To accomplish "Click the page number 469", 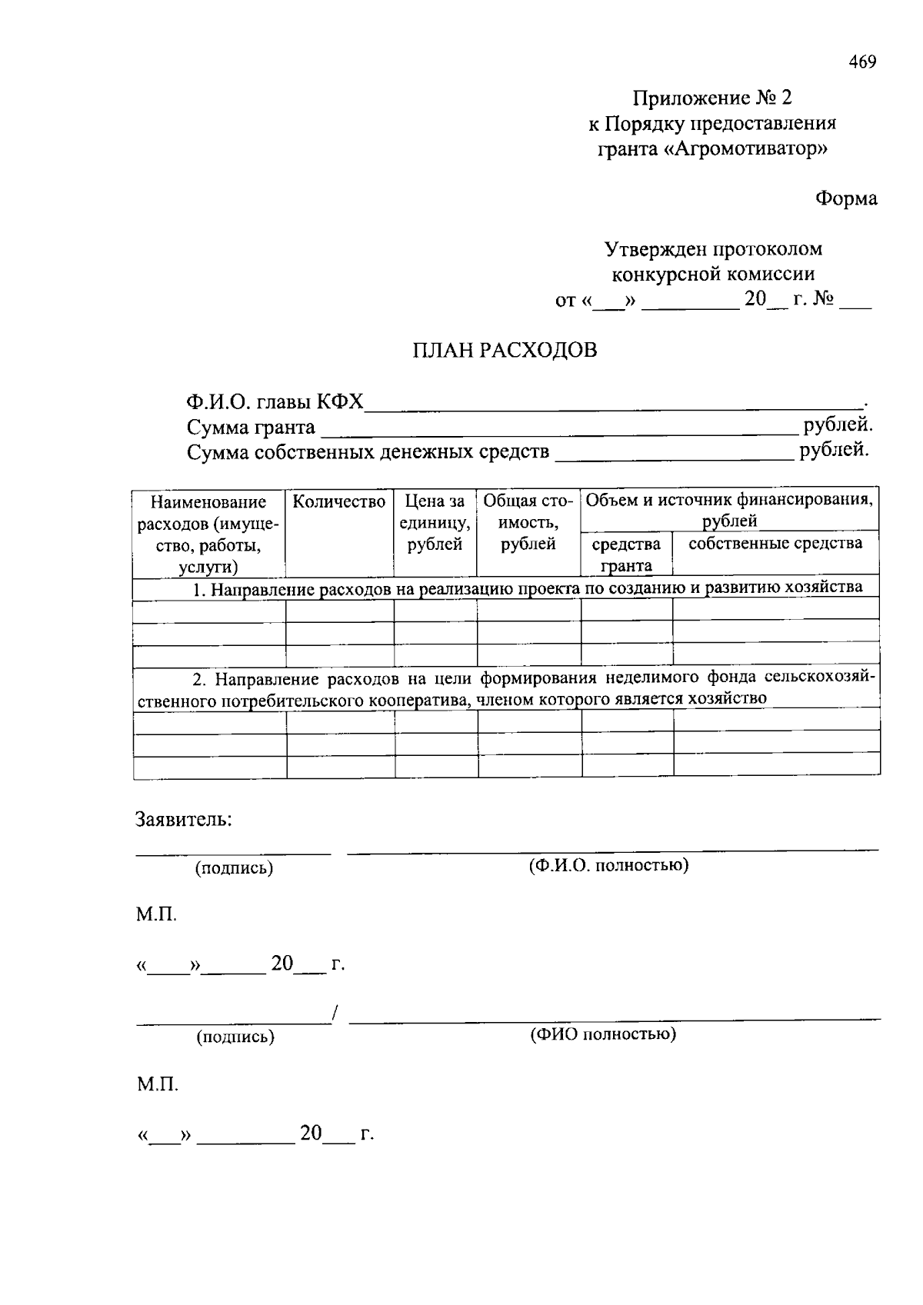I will [x=862, y=62].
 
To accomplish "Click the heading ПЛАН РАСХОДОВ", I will [x=505, y=351].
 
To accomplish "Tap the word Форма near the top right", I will [x=846, y=198].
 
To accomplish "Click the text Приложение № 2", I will [x=711, y=98].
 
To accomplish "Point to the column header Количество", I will [x=339, y=502].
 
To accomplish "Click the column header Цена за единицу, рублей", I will [x=435, y=523].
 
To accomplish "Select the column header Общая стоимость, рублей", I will [x=528, y=523].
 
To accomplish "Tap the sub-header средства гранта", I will [x=626, y=554].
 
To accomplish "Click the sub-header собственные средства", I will [x=775, y=544].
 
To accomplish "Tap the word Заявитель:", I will [x=184, y=819].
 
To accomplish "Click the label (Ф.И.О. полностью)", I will [x=608, y=865].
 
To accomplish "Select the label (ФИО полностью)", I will [x=603, y=1034].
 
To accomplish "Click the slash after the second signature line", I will [x=336, y=1015].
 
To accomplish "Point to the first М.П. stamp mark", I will [x=157, y=915].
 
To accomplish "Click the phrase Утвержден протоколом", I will [x=712, y=249].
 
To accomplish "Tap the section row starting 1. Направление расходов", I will [x=527, y=589].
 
